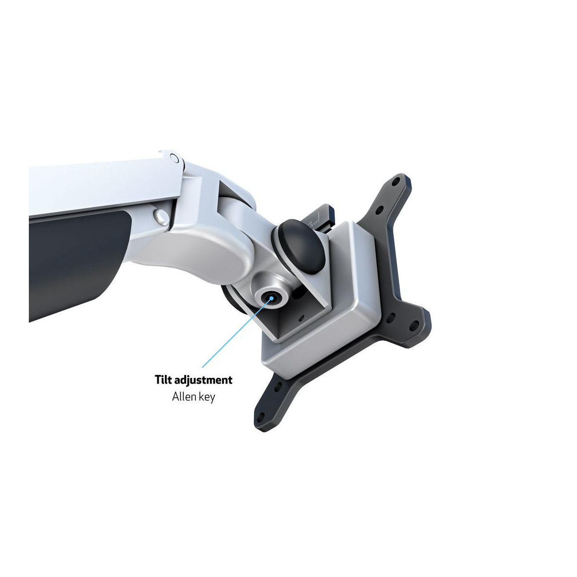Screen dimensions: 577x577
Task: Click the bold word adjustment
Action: [x=203, y=380]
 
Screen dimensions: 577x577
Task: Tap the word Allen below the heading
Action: [x=183, y=397]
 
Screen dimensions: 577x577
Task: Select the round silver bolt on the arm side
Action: [x=161, y=216]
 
